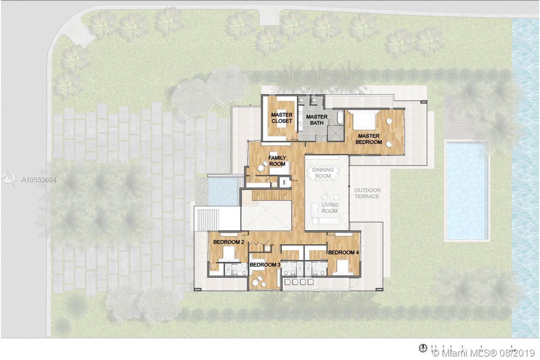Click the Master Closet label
click(x=282, y=118)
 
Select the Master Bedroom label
click(x=369, y=139)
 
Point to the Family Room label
click(x=277, y=161)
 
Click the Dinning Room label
click(x=323, y=173)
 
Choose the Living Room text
click(x=329, y=208)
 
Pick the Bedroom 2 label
click(x=229, y=242)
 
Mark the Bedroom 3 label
click(x=265, y=265)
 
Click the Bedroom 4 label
click(x=343, y=252)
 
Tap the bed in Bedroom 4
click(x=342, y=267)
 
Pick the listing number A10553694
click(x=38, y=179)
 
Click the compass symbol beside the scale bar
click(x=423, y=348)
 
